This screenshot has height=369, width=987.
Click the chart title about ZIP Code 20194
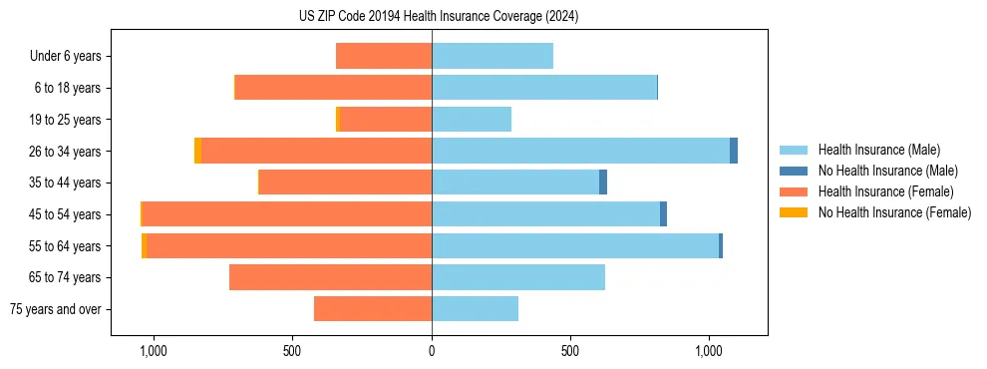point(439,16)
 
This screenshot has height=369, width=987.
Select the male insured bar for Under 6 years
point(492,56)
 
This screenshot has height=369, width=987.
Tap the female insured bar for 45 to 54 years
point(287,214)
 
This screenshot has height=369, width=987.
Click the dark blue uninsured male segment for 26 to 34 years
point(734,151)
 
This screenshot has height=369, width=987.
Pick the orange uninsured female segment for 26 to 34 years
point(197,151)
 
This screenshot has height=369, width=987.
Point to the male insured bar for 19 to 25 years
point(471,120)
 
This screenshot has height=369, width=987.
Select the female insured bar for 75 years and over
point(373,309)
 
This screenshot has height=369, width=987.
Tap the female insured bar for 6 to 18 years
point(333,88)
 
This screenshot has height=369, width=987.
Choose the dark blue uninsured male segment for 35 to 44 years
point(603,183)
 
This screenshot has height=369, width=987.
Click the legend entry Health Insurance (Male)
point(878,150)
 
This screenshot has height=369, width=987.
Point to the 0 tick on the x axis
point(432,351)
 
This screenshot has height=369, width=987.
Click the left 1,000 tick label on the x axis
point(154,351)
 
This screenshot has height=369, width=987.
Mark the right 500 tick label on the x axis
point(570,351)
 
